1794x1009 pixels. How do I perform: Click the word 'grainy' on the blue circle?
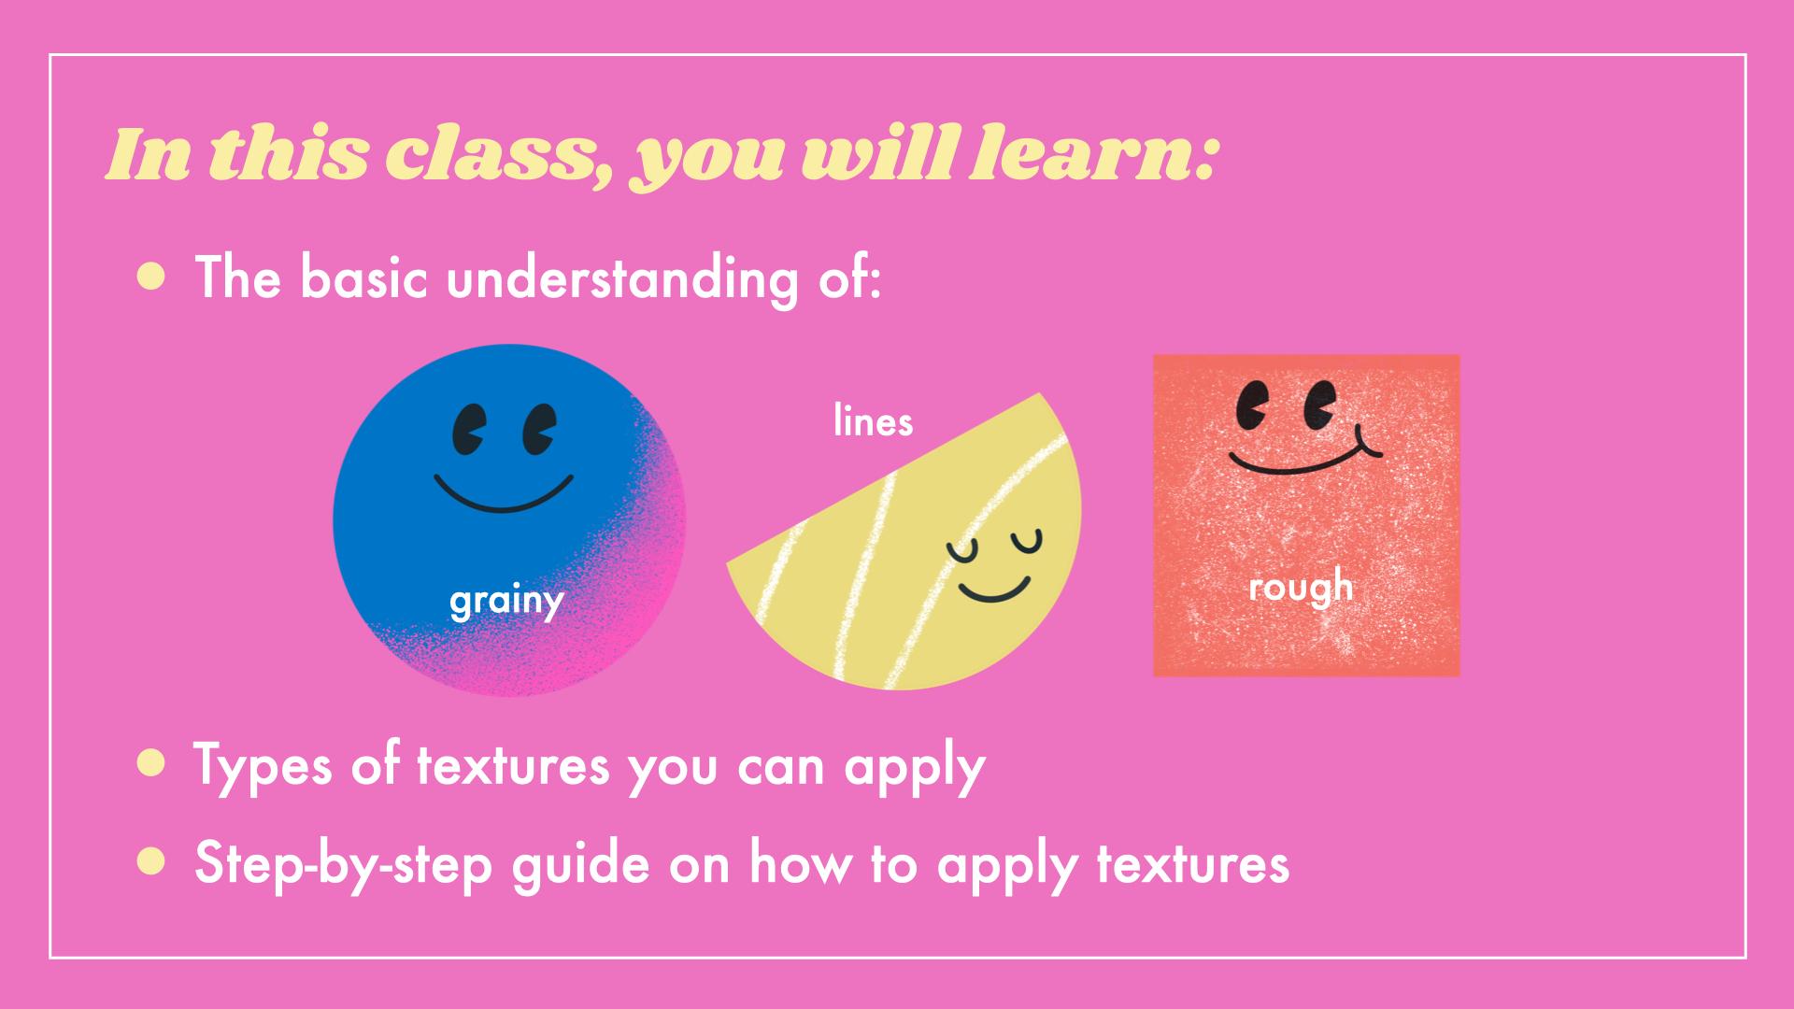506,602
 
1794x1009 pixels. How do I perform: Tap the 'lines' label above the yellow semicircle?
873,421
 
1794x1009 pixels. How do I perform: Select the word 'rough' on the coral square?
1301,587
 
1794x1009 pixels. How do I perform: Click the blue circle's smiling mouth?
503,498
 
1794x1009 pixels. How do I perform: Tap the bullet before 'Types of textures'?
150,763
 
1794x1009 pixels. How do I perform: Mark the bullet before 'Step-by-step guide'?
150,862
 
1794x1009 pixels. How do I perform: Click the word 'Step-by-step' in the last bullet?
343,864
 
